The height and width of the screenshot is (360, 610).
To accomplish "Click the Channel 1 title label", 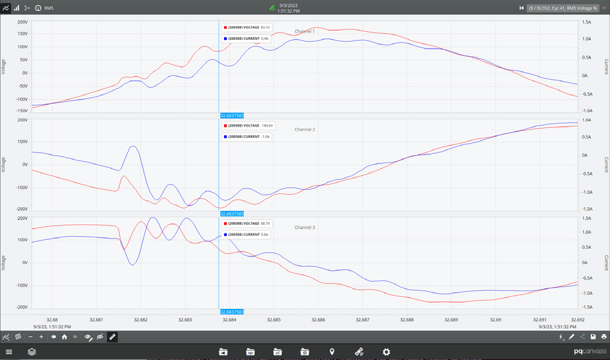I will point(304,31).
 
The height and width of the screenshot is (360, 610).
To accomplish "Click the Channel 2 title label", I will point(304,129).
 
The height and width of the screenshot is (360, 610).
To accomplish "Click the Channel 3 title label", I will point(304,227).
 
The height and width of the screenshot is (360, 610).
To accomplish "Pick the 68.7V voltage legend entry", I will point(247,223).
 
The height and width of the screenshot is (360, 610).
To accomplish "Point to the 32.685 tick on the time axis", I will point(274,319).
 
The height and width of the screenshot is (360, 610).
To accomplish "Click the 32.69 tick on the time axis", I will point(495,319).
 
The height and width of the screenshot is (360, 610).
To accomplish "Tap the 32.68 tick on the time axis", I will point(52,319).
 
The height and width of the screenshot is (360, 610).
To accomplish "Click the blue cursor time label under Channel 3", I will point(231,312).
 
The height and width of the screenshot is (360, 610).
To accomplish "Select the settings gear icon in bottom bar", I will point(386,352).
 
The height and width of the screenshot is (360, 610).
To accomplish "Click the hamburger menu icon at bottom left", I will point(9,352).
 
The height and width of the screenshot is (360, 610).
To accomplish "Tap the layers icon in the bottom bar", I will point(32,352).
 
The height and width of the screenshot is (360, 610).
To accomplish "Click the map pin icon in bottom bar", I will point(332,352).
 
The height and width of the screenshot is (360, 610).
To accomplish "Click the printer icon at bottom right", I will point(604,337).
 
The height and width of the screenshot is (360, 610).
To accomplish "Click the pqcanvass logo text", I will point(590,352).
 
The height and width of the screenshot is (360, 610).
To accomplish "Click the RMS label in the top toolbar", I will point(49,8).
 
